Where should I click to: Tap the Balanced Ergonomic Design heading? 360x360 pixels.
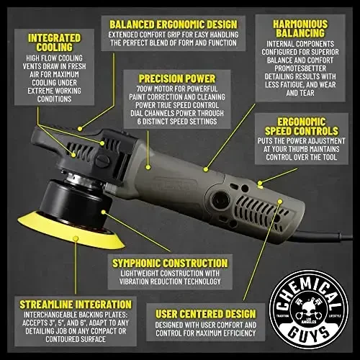click(174, 22)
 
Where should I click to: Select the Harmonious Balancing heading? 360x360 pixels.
click(300, 29)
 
